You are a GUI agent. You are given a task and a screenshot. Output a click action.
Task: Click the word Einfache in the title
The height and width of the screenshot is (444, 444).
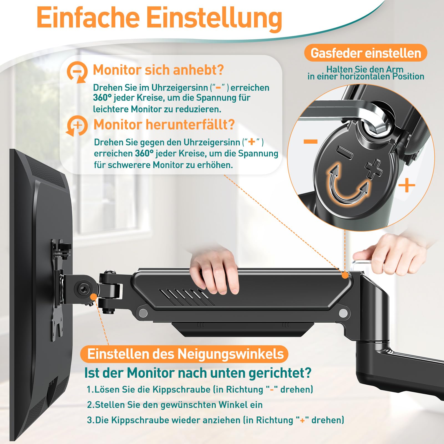(x=88, y=18)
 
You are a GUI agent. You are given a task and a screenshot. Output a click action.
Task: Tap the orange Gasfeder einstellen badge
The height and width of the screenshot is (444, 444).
(x=366, y=53)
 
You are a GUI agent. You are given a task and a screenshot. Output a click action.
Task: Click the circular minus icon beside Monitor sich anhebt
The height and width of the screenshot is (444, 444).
(x=77, y=72)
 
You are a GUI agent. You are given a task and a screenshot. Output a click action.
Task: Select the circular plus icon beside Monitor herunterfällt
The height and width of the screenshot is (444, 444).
(x=77, y=126)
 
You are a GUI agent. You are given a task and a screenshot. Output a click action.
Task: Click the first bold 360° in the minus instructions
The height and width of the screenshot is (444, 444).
(x=102, y=98)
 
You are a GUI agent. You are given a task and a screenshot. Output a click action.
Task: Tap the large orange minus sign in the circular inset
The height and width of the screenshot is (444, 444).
(x=310, y=142)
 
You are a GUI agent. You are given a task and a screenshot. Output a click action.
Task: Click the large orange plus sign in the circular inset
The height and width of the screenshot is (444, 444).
(x=407, y=185)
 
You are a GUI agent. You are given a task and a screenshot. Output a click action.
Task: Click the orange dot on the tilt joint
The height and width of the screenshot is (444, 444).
(x=93, y=296)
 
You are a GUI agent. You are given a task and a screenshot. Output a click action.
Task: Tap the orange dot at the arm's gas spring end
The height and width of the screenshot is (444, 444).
(x=345, y=275)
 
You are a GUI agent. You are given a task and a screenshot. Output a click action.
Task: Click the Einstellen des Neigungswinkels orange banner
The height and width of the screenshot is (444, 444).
(x=184, y=354)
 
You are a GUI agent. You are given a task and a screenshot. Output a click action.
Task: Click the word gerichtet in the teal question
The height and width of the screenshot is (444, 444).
(x=280, y=373)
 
